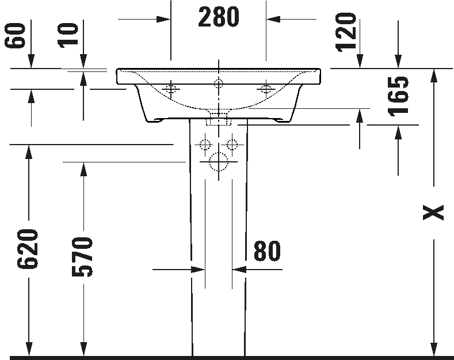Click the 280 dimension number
tap(219, 17)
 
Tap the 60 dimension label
tap(15, 36)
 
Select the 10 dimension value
tap(68, 36)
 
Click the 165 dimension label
tap(399, 97)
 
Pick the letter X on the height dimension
tap(433, 213)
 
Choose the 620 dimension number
tap(28, 249)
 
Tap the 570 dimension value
tap(82, 256)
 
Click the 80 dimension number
tap(267, 251)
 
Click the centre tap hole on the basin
tap(219, 84)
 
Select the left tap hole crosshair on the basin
tap(171, 89)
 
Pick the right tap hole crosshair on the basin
tap(266, 89)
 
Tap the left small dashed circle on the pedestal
tap(205, 144)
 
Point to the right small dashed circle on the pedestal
tap(232, 144)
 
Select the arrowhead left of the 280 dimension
tap(163, 20)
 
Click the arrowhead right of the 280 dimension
tap(274, 20)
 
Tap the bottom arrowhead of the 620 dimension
tap(29, 349)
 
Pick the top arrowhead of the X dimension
tap(433, 76)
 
